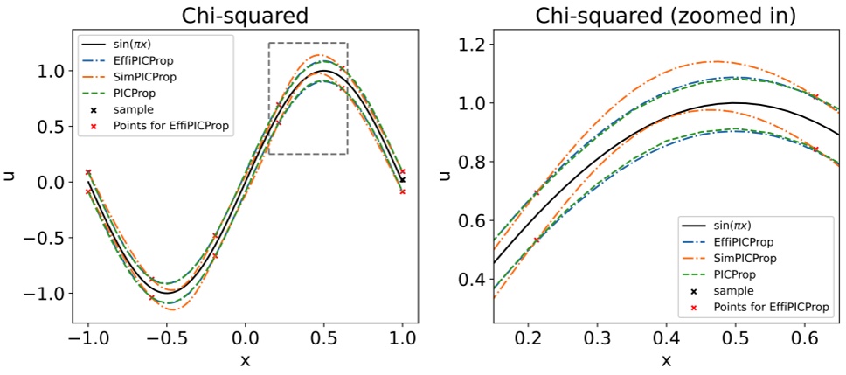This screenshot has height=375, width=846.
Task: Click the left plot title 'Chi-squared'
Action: (x=244, y=15)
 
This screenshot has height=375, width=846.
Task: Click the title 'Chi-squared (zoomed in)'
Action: (x=665, y=15)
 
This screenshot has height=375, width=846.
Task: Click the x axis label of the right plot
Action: (x=666, y=360)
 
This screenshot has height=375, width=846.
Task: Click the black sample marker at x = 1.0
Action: (x=402, y=180)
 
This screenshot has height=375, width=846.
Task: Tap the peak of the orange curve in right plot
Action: (x=717, y=61)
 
